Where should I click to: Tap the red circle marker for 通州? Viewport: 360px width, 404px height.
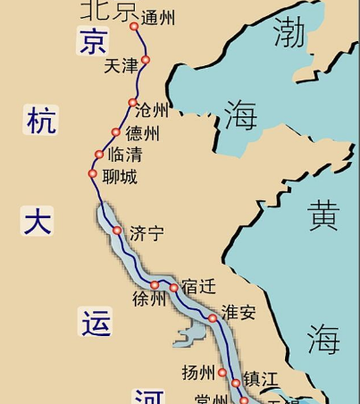[135, 27]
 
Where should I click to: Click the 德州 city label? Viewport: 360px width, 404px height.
[143, 134]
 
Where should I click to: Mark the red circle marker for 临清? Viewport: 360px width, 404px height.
[99, 155]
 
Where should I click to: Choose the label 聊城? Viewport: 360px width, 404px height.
[120, 177]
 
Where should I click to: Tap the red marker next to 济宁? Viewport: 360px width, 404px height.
[117, 231]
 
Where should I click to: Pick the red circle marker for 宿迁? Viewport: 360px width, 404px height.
[174, 288]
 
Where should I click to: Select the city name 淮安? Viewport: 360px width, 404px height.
[239, 312]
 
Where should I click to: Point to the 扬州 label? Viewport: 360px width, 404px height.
[197, 373]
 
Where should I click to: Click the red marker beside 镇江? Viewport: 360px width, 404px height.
[236, 383]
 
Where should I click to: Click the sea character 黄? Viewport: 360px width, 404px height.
[322, 215]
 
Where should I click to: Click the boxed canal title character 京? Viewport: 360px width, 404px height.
[92, 40]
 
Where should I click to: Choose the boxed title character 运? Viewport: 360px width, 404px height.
[95, 323]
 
